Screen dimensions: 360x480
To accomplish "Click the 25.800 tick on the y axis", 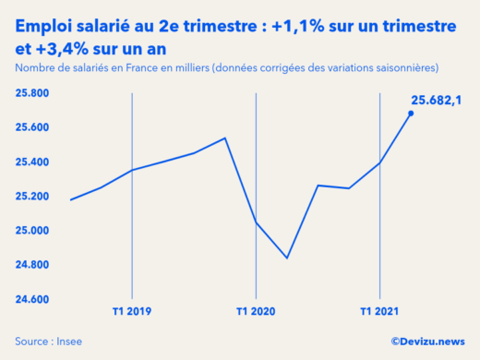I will pyautogui.click(x=32, y=93).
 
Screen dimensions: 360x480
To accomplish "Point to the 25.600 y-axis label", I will pyautogui.click(x=32, y=127).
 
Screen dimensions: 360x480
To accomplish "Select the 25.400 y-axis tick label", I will pyautogui.click(x=32, y=162).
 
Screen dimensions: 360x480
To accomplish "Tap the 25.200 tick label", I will pyautogui.click(x=32, y=197).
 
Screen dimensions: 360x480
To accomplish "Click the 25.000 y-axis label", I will pyautogui.click(x=32, y=231).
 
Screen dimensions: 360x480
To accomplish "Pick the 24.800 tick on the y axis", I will pyautogui.click(x=32, y=266).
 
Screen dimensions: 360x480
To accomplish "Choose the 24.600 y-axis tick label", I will pyautogui.click(x=32, y=300).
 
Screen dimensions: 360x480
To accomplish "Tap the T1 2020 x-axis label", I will pyautogui.click(x=256, y=312).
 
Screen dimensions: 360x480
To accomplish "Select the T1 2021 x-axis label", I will pyautogui.click(x=378, y=312).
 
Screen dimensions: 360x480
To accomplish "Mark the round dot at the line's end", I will pyautogui.click(x=411, y=114).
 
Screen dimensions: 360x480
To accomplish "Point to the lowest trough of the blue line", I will pyautogui.click(x=287, y=258).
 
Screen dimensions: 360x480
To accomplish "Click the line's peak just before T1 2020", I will pyautogui.click(x=225, y=138).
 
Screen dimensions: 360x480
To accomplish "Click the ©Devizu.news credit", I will pyautogui.click(x=427, y=341).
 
